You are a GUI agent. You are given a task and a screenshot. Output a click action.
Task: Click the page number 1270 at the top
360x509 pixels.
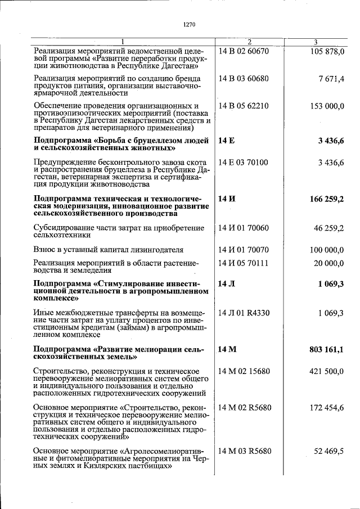point(189,24)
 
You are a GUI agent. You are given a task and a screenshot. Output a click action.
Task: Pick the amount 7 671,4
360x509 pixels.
point(331,79)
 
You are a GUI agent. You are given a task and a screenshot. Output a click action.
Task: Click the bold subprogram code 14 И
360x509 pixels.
point(227,199)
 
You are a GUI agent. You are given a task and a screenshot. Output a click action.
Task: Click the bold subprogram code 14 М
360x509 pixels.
point(227,349)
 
